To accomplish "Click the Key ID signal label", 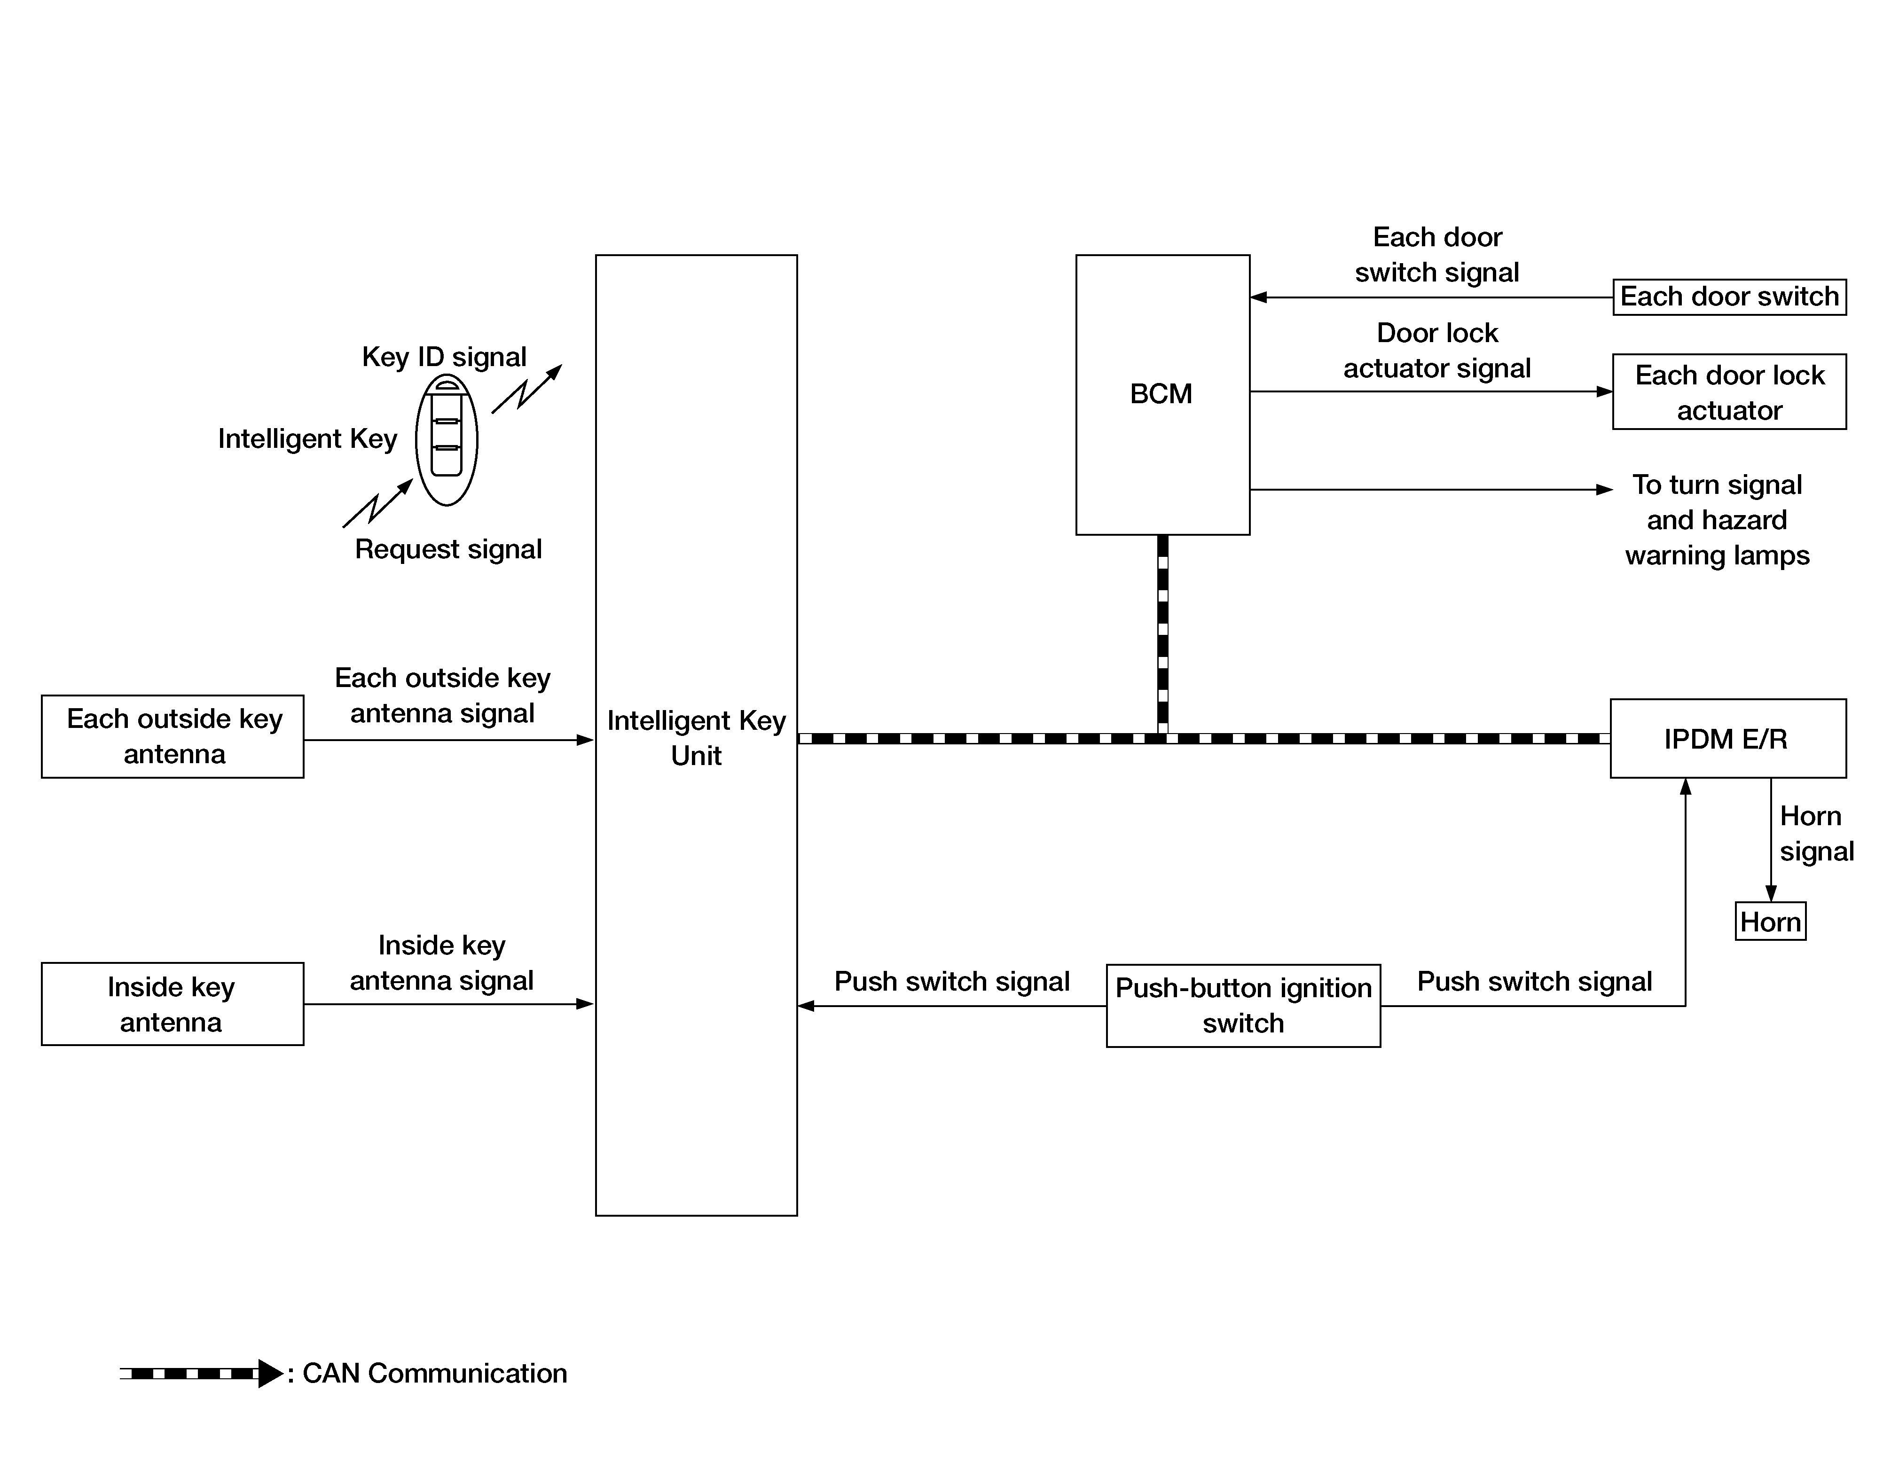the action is tap(444, 356).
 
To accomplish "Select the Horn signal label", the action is tap(1816, 834).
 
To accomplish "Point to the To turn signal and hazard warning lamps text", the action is tap(1717, 520).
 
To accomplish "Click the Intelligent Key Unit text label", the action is tap(697, 738).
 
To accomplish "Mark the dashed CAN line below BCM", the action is tap(1162, 634).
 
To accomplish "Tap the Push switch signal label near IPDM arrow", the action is tap(1535, 982).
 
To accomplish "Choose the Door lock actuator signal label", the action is tap(1437, 351).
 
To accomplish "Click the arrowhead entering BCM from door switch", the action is tap(1258, 297).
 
